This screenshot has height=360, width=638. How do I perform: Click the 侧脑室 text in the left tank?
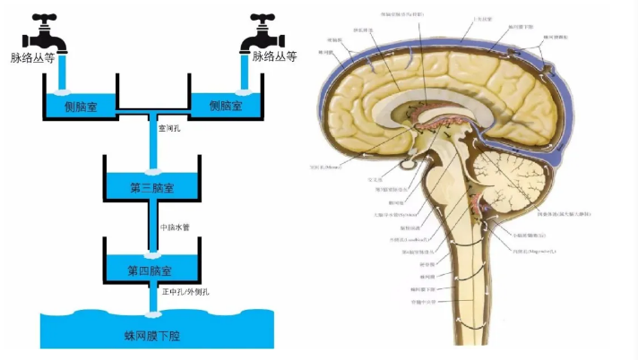[80, 106]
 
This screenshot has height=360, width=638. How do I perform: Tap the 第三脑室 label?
[151, 188]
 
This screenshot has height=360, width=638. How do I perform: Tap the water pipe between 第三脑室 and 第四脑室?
[152, 228]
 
